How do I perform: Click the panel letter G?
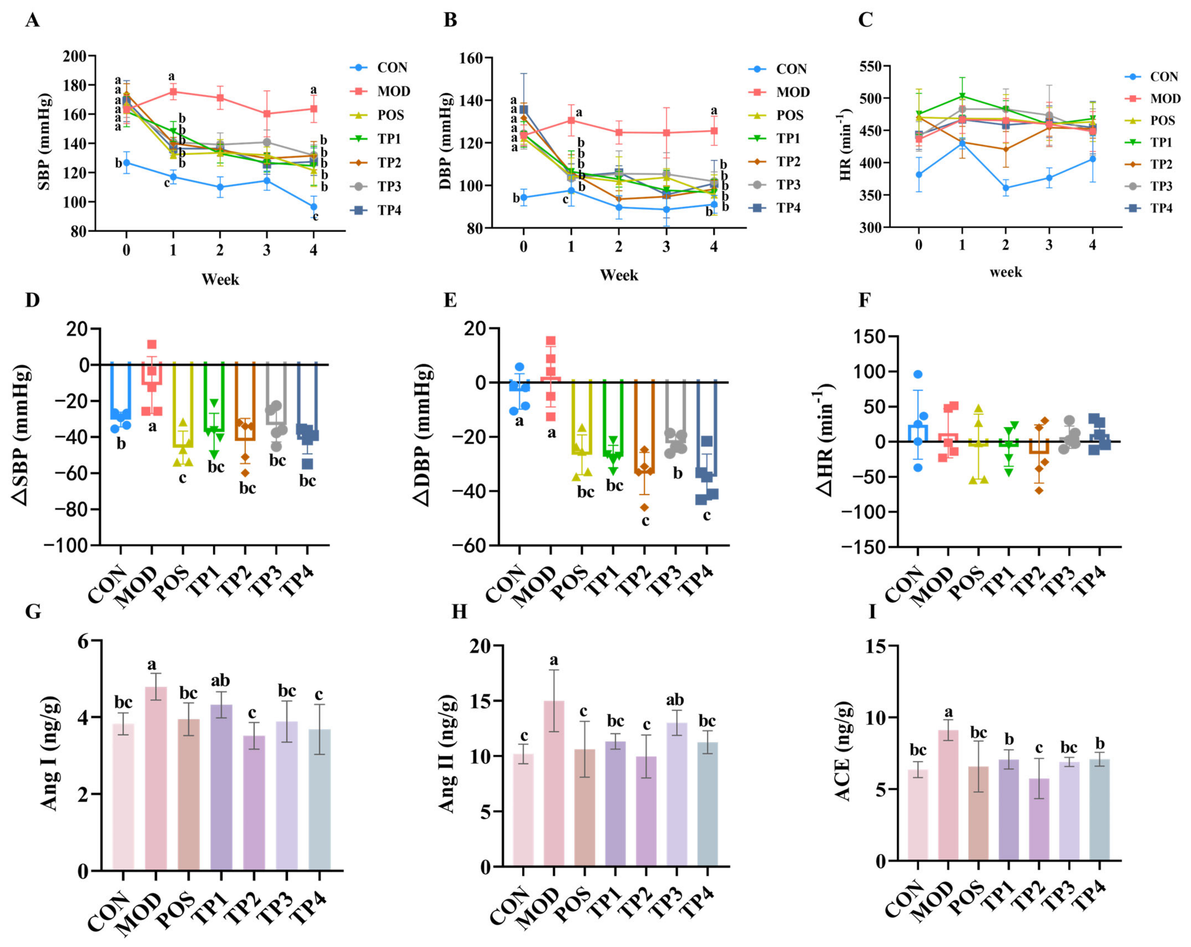coord(33,612)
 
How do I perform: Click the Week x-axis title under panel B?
coord(619,275)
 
